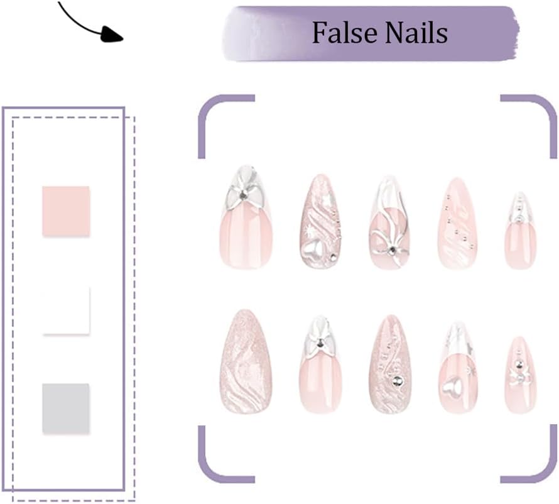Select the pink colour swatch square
tap(66, 211)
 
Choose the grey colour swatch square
tap(66, 408)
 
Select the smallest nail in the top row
tap(521, 231)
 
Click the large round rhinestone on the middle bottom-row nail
tap(397, 381)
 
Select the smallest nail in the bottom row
tap(520, 375)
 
